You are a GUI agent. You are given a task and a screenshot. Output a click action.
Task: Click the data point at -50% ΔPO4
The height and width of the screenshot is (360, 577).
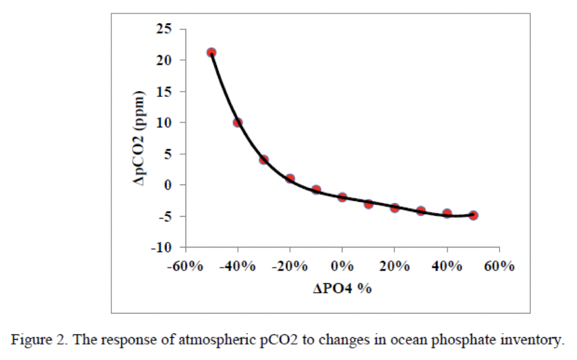pyautogui.click(x=211, y=52)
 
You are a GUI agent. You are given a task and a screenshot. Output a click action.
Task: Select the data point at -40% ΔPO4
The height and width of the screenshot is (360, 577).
pyautogui.click(x=237, y=122)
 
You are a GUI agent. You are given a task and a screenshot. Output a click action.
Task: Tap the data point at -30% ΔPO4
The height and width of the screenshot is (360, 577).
pyautogui.click(x=264, y=160)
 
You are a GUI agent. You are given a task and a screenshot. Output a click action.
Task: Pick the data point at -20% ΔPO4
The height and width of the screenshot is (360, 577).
pyautogui.click(x=290, y=179)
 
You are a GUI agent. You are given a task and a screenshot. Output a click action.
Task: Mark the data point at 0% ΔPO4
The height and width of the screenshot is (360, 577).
pyautogui.click(x=342, y=197)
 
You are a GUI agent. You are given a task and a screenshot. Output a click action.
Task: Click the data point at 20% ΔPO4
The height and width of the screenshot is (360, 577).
pyautogui.click(x=395, y=208)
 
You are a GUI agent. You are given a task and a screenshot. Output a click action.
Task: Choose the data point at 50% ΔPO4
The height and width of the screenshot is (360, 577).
pyautogui.click(x=473, y=215)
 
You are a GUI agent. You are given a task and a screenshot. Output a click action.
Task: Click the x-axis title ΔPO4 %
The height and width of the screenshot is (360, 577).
pyautogui.click(x=342, y=289)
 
